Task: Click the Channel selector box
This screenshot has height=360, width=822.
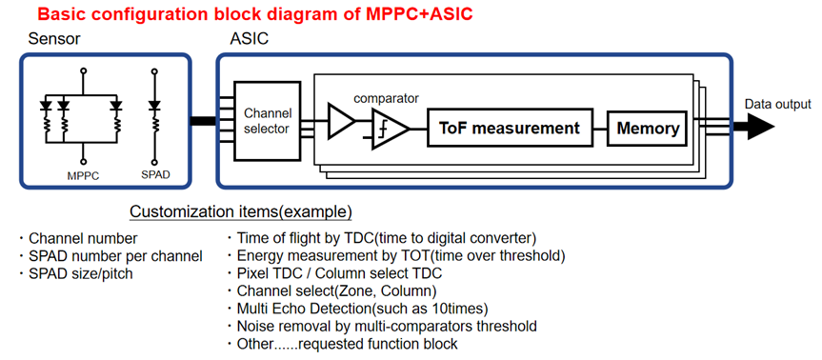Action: coord(268,121)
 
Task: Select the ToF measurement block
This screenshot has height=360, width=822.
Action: coord(511,128)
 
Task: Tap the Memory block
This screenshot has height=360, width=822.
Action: coord(648,128)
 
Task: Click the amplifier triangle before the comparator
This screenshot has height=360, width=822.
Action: coord(341,121)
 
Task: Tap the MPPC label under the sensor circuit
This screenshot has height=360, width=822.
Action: coord(83,176)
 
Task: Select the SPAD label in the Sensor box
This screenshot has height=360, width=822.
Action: coord(155,175)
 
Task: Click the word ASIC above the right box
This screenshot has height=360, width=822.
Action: coord(249,39)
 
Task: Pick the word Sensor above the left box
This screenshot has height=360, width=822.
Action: coord(54,39)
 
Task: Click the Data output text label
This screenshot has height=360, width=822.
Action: coord(778,104)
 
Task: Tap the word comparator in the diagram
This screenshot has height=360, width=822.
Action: coord(386,98)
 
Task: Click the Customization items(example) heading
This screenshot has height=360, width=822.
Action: coord(241,211)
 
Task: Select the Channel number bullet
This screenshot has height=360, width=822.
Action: coord(77,238)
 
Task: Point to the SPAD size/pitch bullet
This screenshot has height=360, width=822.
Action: coord(75,273)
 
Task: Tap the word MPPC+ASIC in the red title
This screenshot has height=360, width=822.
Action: coord(419,14)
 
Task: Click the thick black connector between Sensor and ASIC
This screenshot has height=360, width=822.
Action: coord(203,121)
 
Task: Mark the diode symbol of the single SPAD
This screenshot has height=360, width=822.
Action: coord(153,106)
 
